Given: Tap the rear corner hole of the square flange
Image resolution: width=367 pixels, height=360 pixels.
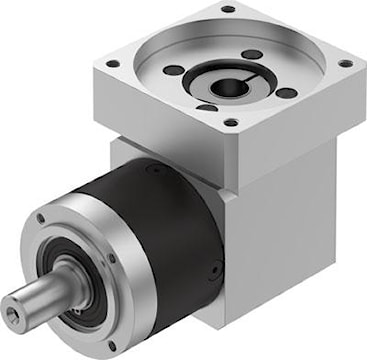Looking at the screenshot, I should (x=227, y=9).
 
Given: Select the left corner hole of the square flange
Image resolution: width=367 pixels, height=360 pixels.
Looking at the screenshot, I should (x=112, y=63).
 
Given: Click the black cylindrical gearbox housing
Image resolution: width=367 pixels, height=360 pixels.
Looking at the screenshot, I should (x=170, y=230).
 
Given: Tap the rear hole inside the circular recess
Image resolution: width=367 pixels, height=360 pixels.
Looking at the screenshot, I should (x=251, y=54).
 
